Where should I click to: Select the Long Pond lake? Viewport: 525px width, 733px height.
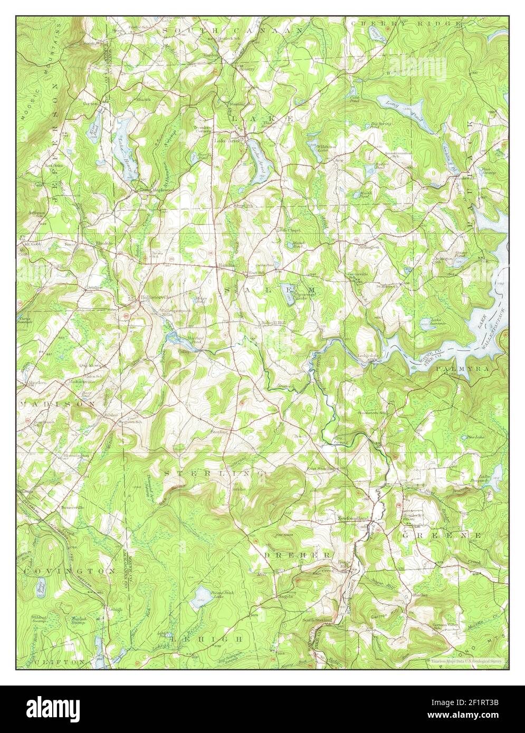[409, 110]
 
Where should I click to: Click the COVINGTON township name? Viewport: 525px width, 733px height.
[69, 571]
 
